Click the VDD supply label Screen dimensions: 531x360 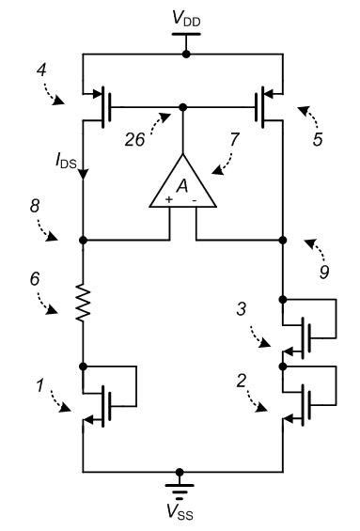coord(185,19)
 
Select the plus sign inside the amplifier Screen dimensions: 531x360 coord(170,200)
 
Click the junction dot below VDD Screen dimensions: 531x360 coord(185,55)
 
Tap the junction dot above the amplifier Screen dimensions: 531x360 coord(182,106)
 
